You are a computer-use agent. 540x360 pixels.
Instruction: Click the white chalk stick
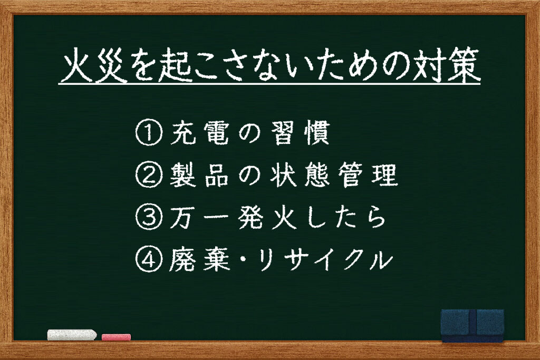[x=72, y=335]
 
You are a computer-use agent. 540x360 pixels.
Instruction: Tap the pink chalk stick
[x=116, y=337]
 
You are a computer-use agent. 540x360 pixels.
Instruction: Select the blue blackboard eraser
[x=472, y=326]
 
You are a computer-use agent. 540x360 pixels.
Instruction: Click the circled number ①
[x=149, y=132]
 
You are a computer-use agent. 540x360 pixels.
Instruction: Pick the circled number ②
[x=149, y=175]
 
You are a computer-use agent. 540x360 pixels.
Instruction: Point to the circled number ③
[x=149, y=218]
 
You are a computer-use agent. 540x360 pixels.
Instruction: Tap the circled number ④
[x=149, y=260]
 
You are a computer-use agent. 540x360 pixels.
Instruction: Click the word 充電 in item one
[x=199, y=132]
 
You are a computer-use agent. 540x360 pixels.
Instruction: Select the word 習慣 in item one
[x=300, y=132]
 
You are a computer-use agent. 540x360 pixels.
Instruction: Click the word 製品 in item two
[x=199, y=175]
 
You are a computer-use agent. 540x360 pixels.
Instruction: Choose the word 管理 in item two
[x=368, y=175]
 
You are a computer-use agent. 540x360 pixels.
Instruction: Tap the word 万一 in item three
[x=199, y=218]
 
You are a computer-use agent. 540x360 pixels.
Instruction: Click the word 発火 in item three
[x=267, y=218]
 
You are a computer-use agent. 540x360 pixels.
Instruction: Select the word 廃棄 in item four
[x=199, y=260]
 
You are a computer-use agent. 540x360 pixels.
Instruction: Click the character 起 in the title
[x=176, y=65]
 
